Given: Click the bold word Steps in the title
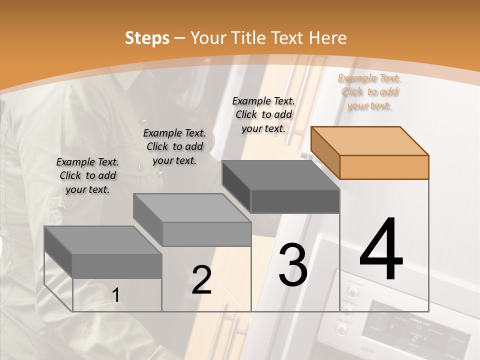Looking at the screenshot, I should click(147, 38).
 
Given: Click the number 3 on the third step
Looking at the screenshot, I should click(293, 265).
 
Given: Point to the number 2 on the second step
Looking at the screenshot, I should click(201, 280).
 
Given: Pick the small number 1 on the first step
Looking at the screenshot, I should click(116, 295).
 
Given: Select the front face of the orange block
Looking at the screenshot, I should click(384, 167).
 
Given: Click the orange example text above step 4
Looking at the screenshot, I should click(369, 91).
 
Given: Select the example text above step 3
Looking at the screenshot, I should click(263, 114).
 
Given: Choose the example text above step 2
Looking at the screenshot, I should click(174, 146).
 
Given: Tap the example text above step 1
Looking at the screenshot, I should click(87, 175).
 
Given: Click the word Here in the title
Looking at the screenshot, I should click(328, 38).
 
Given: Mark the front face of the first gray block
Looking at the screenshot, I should click(117, 265).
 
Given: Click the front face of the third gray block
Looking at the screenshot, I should click(295, 201).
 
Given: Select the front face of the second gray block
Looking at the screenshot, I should click(206, 234).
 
